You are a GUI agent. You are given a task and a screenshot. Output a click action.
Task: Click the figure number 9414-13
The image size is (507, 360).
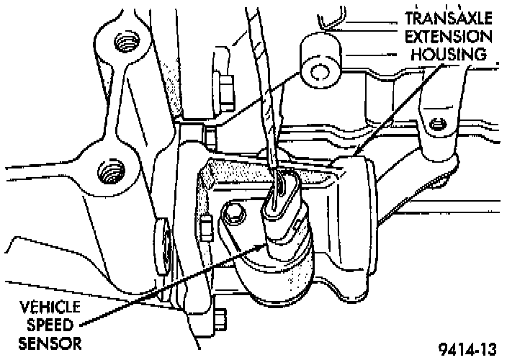tap(467, 350)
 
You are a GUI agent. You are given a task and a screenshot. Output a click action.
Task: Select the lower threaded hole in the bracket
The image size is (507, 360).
tap(110, 171)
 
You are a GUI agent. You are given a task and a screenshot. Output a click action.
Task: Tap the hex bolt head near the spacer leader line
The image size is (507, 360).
tap(224, 90)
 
